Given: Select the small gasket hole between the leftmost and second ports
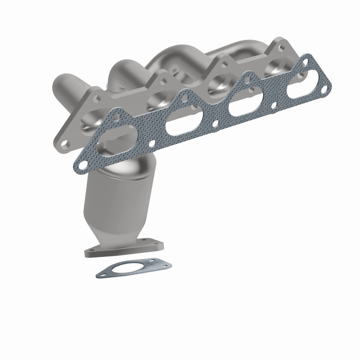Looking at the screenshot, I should pyautogui.click(x=153, y=143).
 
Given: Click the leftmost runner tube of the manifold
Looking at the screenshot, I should pyautogui.click(x=63, y=85).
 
